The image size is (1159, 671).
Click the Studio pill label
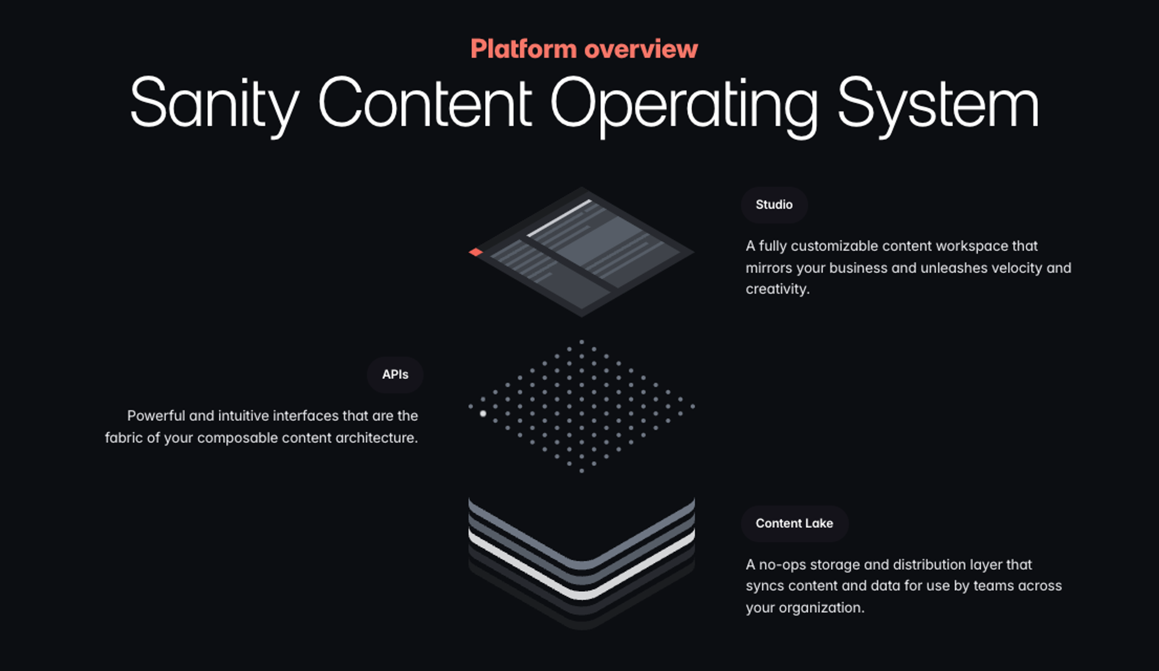coord(774,205)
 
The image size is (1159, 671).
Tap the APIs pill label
coord(395,375)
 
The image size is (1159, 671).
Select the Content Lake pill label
coord(794,523)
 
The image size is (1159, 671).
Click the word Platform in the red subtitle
coord(523,49)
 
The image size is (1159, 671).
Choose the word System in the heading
coord(938,104)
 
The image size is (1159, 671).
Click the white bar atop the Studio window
coord(559,218)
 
